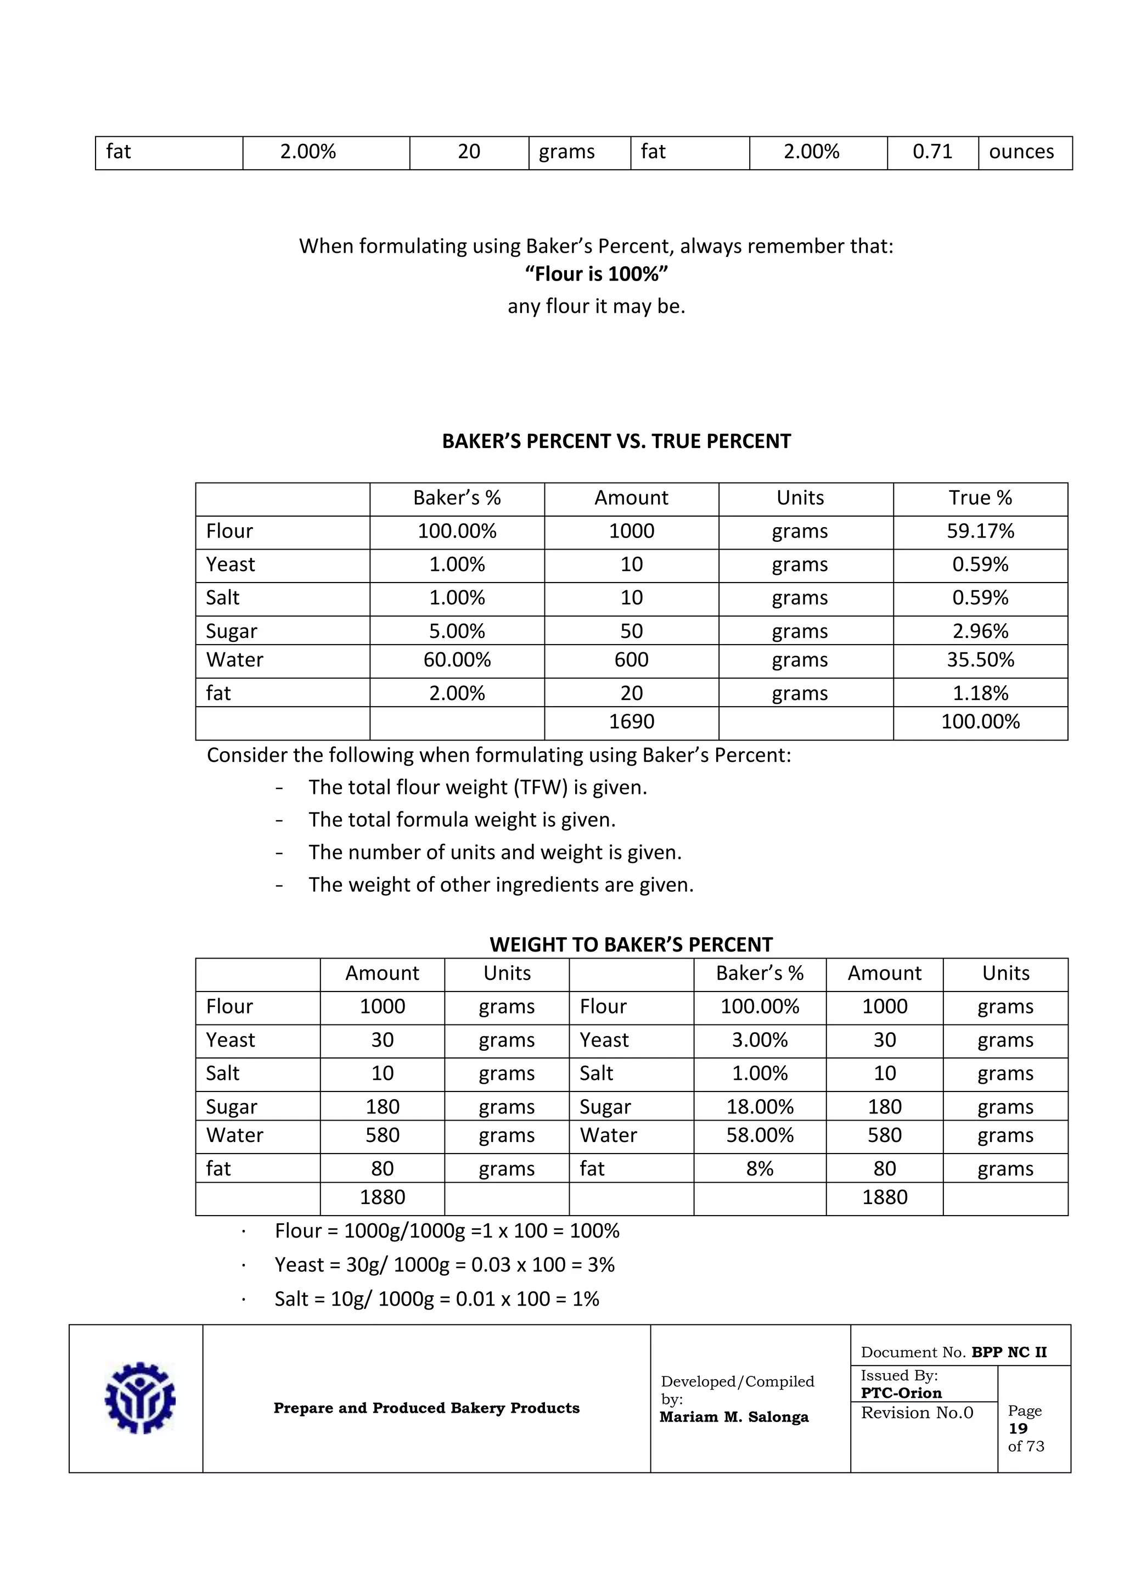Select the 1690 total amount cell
click(631, 721)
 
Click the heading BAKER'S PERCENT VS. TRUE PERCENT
click(616, 441)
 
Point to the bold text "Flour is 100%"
click(596, 274)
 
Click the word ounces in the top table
click(1021, 152)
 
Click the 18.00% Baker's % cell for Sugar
click(759, 1107)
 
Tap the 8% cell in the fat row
click(759, 1168)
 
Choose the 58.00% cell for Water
click(759, 1135)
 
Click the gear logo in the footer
click(140, 1397)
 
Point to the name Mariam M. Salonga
click(734, 1417)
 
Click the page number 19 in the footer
click(1018, 1428)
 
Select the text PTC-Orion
click(901, 1393)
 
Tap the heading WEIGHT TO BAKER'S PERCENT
click(631, 944)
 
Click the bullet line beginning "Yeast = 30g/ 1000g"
click(445, 1264)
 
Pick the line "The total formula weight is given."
click(462, 820)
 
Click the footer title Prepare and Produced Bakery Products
click(426, 1408)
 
